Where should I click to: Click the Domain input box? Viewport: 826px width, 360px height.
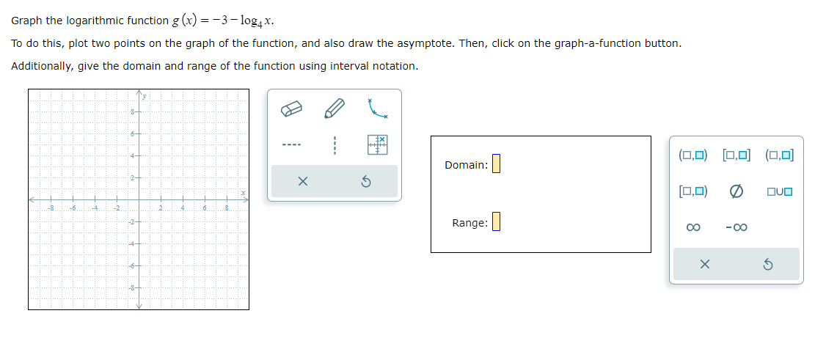click(496, 164)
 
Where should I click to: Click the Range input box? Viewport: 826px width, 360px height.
click(496, 221)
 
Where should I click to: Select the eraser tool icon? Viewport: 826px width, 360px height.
click(291, 110)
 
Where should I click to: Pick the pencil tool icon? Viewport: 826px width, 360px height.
click(335, 110)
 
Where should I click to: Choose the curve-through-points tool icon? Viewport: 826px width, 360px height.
click(377, 110)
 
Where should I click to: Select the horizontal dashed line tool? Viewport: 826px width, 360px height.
click(291, 144)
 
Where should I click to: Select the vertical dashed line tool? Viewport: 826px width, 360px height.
click(335, 144)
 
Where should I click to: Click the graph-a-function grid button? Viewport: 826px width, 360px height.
click(377, 144)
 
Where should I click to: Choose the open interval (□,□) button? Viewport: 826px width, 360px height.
click(693, 155)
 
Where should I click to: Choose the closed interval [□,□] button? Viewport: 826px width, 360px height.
click(737, 155)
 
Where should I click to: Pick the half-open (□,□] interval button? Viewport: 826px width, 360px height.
click(779, 155)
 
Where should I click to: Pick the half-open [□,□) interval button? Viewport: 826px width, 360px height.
click(693, 191)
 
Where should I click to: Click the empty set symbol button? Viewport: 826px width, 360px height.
click(737, 191)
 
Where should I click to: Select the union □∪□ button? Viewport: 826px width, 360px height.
click(779, 191)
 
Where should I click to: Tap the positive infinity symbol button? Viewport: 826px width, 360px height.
click(693, 227)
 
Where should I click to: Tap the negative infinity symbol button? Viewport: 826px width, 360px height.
click(736, 227)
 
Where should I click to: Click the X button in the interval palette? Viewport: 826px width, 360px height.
click(704, 264)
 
